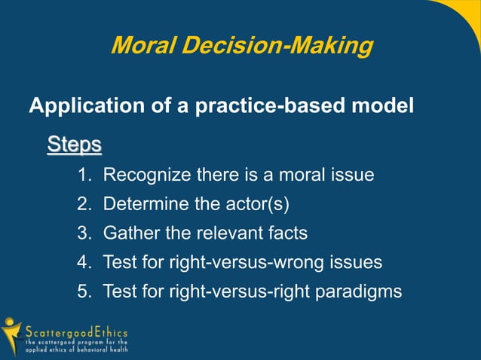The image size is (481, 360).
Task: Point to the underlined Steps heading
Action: click(74, 143)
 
